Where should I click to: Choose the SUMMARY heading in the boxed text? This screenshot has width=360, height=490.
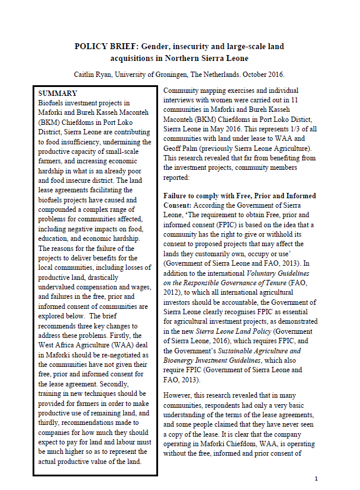(57, 94)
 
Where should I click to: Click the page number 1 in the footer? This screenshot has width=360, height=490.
(316, 478)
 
